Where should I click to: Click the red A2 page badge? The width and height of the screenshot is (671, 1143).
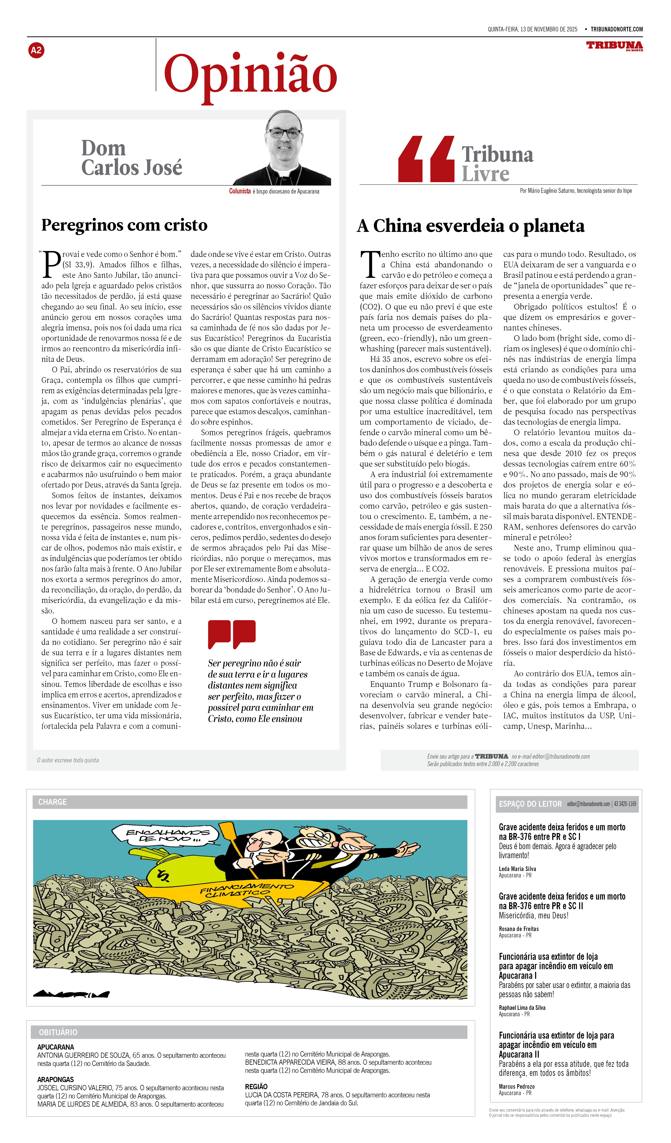(36, 50)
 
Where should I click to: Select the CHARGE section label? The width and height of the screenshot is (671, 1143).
(53, 802)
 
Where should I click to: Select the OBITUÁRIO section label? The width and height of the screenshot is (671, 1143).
(58, 1032)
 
